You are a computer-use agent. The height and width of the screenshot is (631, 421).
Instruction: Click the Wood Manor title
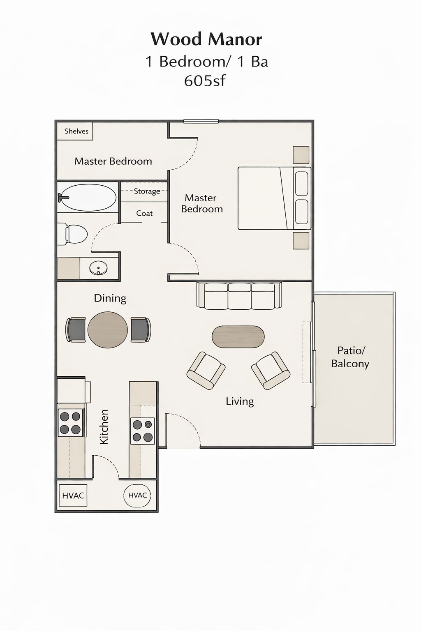(206, 39)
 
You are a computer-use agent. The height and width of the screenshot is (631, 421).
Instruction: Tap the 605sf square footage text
(204, 81)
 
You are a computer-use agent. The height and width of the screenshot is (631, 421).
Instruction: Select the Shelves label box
(76, 131)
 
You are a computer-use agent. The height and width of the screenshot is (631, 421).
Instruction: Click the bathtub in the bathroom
(87, 197)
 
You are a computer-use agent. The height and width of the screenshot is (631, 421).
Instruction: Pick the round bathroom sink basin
(99, 269)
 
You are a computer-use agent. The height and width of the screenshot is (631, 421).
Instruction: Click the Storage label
(147, 191)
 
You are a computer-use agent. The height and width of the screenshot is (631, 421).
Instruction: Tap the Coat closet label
(144, 214)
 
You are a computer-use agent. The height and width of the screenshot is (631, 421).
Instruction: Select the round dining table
(108, 330)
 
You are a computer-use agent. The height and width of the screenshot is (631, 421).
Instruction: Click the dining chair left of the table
(76, 329)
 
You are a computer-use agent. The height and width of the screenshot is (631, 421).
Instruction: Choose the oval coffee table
(238, 336)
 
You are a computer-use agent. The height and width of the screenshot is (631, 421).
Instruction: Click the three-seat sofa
(239, 295)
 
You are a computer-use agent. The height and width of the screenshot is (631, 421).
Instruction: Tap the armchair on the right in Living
(271, 370)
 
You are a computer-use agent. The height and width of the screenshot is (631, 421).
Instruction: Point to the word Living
(240, 401)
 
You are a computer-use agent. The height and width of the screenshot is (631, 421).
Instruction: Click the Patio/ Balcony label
(350, 357)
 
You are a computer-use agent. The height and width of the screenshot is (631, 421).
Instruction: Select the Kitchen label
(104, 426)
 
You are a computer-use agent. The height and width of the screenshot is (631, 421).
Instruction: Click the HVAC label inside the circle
(137, 495)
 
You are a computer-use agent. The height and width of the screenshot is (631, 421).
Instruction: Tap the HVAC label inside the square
(73, 496)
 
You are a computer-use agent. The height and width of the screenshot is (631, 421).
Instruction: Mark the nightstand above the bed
(301, 155)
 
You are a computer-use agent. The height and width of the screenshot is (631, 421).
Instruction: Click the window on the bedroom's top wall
(201, 121)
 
